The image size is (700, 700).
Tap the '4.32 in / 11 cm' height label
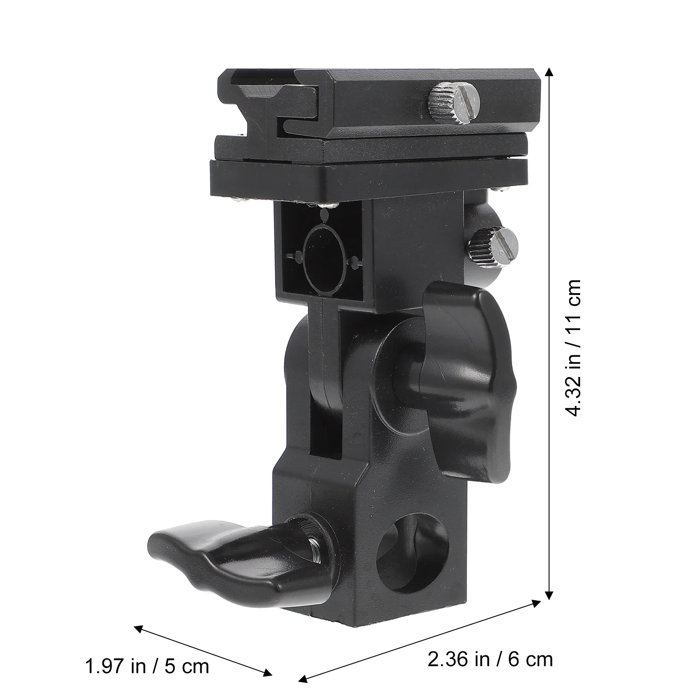coord(573,348)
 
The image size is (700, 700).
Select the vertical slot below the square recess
coord(325,376)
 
